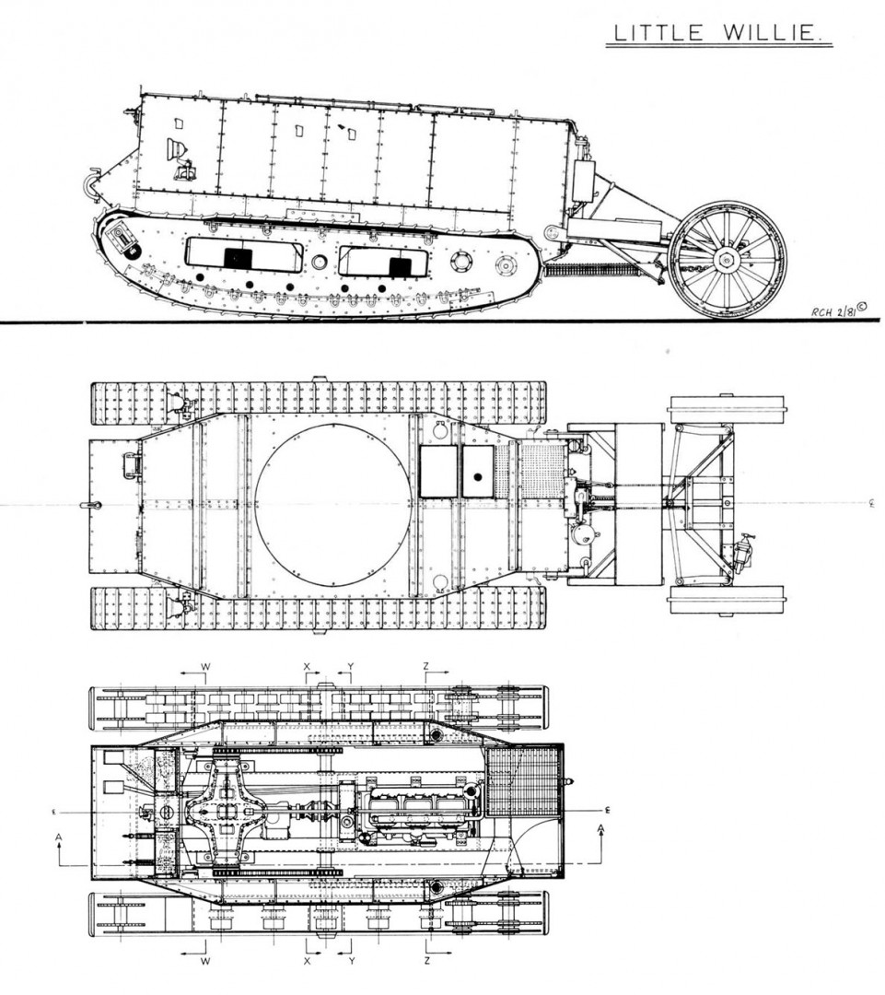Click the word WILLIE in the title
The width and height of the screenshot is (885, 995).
point(769,33)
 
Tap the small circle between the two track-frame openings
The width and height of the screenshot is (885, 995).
point(320,262)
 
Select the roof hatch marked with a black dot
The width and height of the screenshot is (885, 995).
point(478,471)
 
